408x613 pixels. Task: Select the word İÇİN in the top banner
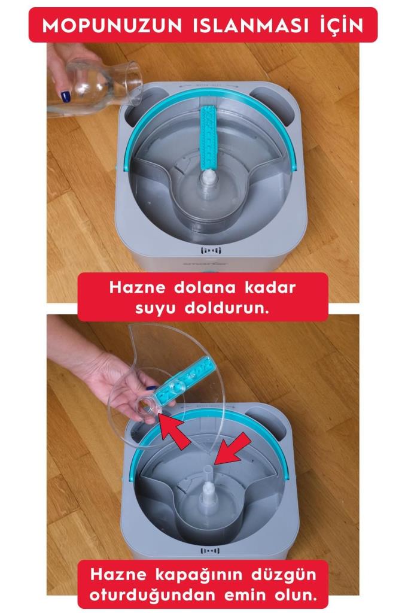[339, 25]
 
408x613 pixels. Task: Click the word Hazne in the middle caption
[134, 287]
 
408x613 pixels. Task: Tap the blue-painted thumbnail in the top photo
[65, 96]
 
